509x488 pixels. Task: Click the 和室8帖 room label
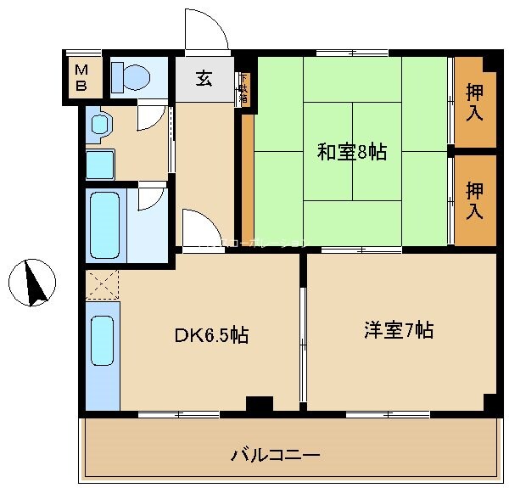[x=351, y=152]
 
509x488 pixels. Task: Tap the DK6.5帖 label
[x=211, y=336]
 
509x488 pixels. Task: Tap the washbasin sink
[x=100, y=126]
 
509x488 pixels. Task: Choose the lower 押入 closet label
[x=475, y=201]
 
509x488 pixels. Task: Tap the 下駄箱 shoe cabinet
[x=243, y=88]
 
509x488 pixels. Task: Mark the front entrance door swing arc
[x=208, y=32]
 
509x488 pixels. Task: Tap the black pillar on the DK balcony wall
[x=260, y=404]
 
